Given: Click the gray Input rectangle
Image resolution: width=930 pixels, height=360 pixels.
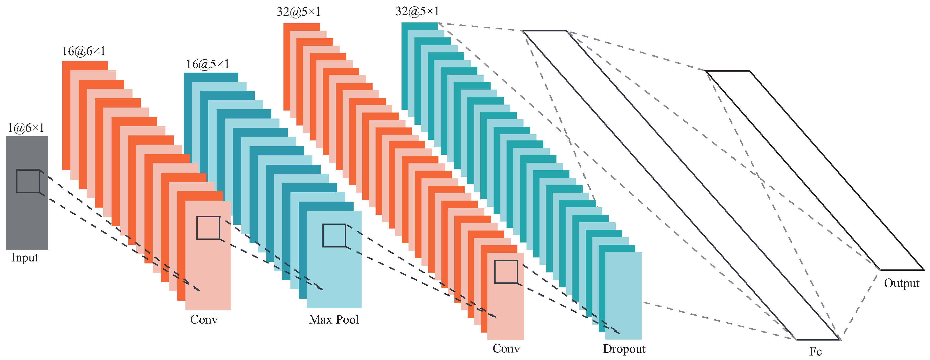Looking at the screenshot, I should coord(27,217).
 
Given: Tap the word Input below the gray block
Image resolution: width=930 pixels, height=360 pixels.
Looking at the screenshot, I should coord(24,258).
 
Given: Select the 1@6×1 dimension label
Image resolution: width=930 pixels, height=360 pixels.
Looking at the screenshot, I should coord(26,127).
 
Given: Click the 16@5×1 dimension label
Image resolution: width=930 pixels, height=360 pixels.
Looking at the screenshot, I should coord(208,64).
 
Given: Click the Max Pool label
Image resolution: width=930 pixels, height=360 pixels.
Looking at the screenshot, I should coord(334,320).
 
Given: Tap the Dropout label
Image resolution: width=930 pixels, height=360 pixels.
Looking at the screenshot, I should coord(624,349).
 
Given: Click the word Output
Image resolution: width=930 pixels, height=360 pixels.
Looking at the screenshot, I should coord(902,283).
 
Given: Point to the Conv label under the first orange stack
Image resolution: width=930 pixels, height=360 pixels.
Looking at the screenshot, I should coord(204,320).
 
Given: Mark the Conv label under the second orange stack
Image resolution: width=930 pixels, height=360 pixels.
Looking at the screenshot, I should coord(506,349).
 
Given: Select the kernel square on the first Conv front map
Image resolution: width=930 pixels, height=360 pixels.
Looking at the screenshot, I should coord(208,228).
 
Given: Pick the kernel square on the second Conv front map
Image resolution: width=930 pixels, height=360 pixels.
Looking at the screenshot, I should coord(506,272).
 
